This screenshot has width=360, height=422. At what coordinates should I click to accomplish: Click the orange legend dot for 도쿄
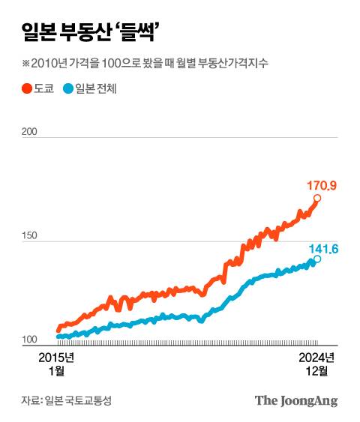point(27,89)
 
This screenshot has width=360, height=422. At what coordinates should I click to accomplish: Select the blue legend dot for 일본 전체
point(68,89)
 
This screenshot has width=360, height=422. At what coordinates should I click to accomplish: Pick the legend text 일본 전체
point(95,89)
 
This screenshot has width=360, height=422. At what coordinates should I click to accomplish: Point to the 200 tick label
point(30,132)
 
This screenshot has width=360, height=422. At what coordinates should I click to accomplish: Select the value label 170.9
point(321,184)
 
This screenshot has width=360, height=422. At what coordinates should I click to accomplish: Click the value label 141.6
point(324,248)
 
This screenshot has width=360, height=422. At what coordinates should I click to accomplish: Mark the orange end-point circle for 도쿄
point(317,199)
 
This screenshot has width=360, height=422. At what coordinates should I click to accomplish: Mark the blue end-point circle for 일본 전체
point(316,259)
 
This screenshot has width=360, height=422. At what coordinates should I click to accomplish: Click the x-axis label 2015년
point(57,357)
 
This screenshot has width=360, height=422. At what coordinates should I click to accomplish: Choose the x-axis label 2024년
point(318,357)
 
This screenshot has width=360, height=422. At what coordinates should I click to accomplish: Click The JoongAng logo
point(296,400)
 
